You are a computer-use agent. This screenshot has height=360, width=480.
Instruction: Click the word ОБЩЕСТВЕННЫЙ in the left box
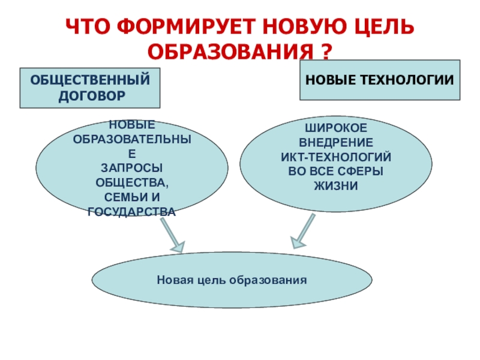[90, 80]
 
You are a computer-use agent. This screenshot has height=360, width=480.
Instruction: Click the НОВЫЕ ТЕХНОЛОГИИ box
[380, 79]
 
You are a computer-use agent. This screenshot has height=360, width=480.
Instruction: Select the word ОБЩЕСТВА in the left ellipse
[131, 182]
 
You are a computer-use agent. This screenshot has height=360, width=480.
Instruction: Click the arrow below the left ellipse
[172, 236]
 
